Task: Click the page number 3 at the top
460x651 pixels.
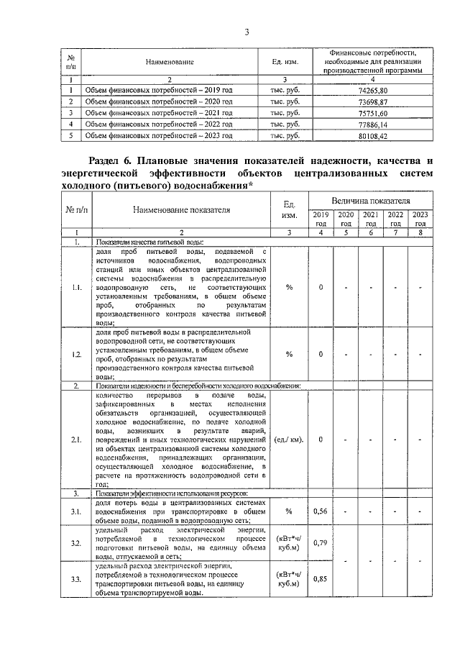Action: (247, 31)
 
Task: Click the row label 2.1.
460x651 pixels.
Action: (76, 439)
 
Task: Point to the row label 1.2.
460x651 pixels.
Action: (76, 354)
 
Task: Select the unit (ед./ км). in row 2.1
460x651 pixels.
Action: (289, 439)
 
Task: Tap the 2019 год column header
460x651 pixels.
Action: (321, 219)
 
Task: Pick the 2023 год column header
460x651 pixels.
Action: (420, 219)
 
